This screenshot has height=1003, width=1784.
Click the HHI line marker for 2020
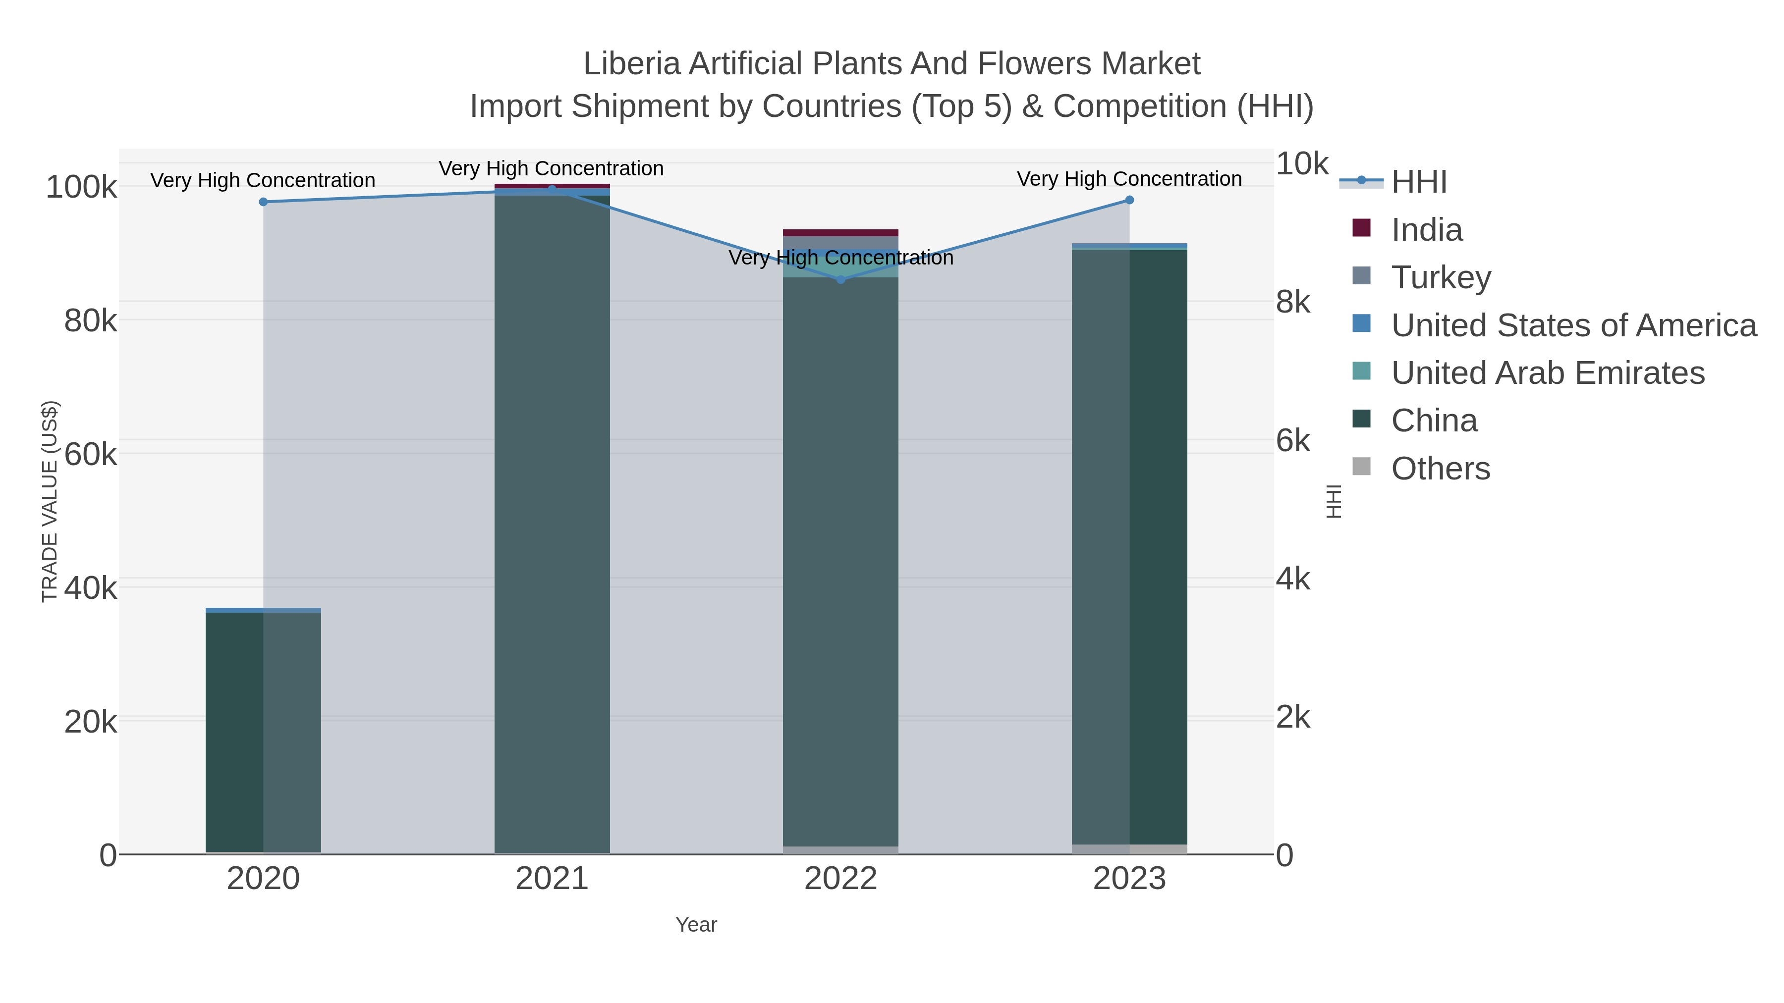(x=263, y=202)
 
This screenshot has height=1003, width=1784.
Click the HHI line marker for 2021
(x=552, y=190)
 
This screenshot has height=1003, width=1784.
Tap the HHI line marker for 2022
(x=841, y=280)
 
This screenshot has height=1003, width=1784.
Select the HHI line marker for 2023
(x=1129, y=200)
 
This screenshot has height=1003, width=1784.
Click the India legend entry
(x=1427, y=230)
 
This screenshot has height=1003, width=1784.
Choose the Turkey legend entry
(x=1441, y=277)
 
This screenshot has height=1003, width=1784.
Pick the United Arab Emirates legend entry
(x=1547, y=373)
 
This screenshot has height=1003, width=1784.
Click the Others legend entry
(x=1441, y=469)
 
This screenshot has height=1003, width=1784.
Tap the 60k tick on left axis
(x=90, y=455)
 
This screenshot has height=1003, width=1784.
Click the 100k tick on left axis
(x=82, y=188)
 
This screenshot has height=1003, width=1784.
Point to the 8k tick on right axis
(x=1293, y=303)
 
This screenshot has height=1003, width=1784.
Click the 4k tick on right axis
(x=1293, y=580)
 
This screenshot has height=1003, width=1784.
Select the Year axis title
(x=696, y=925)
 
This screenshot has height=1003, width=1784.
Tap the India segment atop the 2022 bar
(x=841, y=233)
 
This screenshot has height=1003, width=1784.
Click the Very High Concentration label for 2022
(x=841, y=258)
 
